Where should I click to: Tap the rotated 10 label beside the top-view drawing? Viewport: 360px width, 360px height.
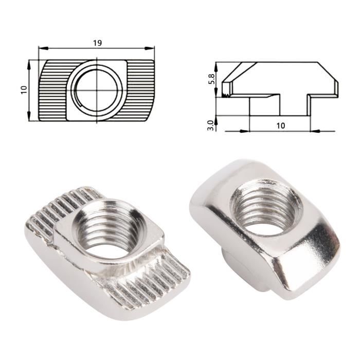[23, 89]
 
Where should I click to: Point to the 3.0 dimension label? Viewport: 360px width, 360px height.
[210, 125]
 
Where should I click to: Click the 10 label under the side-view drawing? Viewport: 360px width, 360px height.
[280, 125]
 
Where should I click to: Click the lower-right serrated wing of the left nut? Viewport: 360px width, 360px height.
[154, 283]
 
